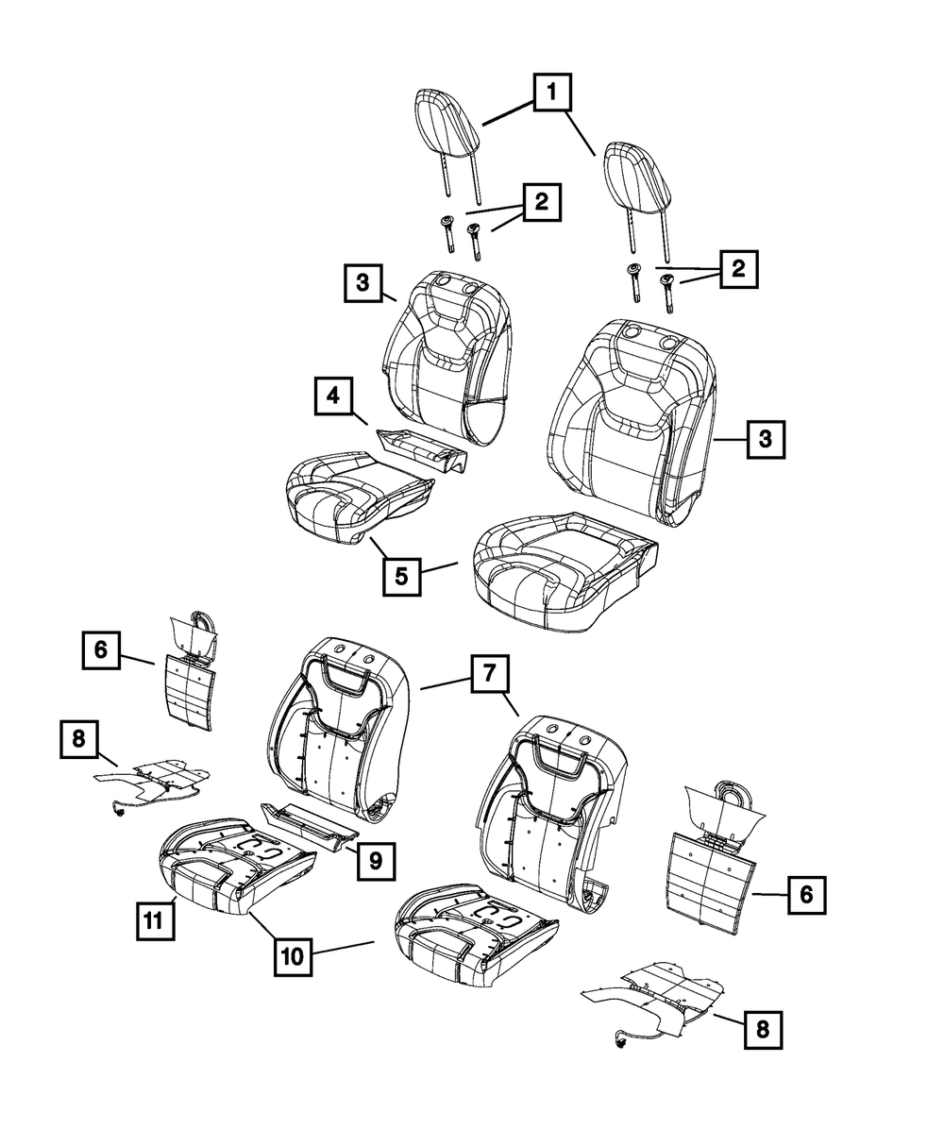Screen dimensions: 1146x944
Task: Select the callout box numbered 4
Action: pos(334,397)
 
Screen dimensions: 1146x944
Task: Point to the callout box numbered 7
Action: pos(490,675)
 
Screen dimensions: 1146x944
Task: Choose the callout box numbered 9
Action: pos(376,859)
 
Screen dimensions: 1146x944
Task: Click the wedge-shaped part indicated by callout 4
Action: pos(422,447)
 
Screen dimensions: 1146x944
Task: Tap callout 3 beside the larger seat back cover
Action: pos(766,439)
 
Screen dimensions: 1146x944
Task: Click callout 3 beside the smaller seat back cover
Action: pos(363,282)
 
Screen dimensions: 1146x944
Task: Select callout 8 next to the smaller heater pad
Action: pos(79,740)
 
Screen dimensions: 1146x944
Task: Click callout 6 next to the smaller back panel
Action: pos(100,650)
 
